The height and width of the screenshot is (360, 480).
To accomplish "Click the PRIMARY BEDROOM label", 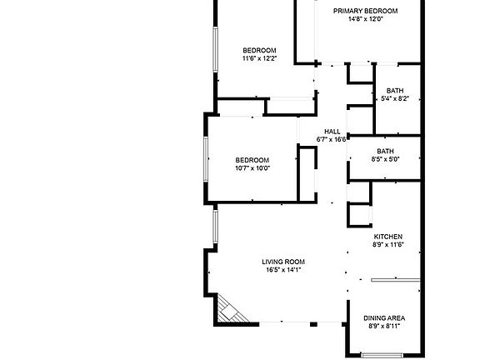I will pyautogui.click(x=365, y=11).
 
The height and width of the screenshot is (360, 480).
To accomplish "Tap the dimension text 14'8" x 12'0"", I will pyautogui.click(x=365, y=19).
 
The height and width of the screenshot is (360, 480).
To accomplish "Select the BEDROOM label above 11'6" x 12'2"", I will pyautogui.click(x=259, y=50).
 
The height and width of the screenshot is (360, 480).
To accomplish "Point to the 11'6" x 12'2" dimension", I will pyautogui.click(x=259, y=58).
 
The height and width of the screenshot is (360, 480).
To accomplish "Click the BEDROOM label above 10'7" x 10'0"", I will pyautogui.click(x=252, y=160).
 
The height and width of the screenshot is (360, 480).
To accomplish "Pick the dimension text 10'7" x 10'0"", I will pyautogui.click(x=252, y=168).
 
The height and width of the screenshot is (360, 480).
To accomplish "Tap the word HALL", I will pyautogui.click(x=332, y=132).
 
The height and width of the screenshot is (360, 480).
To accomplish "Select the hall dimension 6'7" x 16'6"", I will pyautogui.click(x=332, y=139).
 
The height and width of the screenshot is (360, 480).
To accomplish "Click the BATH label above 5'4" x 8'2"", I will pyautogui.click(x=395, y=91).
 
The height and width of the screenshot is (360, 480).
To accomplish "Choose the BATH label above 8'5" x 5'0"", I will pyautogui.click(x=385, y=151).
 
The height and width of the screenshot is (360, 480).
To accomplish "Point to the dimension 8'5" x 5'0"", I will pyautogui.click(x=385, y=158).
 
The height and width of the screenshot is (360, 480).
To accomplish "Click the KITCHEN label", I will pyautogui.click(x=387, y=237).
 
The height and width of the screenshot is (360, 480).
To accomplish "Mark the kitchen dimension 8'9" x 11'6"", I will pyautogui.click(x=387, y=245).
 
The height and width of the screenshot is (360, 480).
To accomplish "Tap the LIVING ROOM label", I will pyautogui.click(x=283, y=262).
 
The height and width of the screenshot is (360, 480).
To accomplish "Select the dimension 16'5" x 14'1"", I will pyautogui.click(x=283, y=270).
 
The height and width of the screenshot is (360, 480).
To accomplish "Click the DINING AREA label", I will pyautogui.click(x=384, y=318).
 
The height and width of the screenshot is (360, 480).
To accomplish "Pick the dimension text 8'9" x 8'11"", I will pyautogui.click(x=384, y=327).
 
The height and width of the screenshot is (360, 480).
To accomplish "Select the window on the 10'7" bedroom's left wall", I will pyautogui.click(x=207, y=158).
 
